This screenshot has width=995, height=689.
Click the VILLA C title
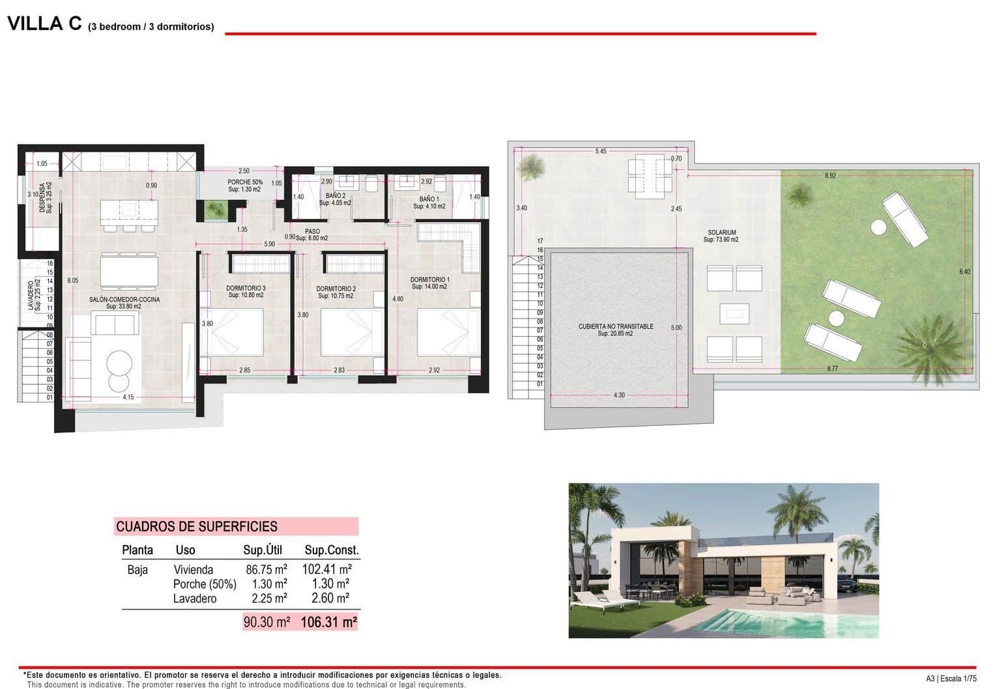click(x=44, y=23)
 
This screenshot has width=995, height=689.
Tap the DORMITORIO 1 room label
click(x=429, y=280)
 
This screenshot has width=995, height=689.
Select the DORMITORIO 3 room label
click(x=246, y=288)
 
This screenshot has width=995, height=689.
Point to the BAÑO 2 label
click(x=336, y=196)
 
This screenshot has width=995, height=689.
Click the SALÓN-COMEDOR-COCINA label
click(x=124, y=300)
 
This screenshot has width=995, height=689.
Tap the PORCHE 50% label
click(x=245, y=182)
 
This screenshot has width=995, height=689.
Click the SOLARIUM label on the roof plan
click(x=722, y=232)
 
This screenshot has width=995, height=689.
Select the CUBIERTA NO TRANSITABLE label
click(x=616, y=326)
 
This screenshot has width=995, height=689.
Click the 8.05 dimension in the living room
click(x=73, y=281)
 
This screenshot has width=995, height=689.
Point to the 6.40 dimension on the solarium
click(x=965, y=272)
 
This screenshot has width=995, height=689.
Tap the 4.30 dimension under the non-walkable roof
click(x=619, y=395)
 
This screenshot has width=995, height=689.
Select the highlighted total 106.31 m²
click(x=329, y=623)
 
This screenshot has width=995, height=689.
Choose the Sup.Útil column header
click(x=263, y=550)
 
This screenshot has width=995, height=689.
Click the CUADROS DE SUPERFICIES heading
click(x=196, y=527)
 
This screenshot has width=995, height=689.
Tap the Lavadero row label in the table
click(x=195, y=598)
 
